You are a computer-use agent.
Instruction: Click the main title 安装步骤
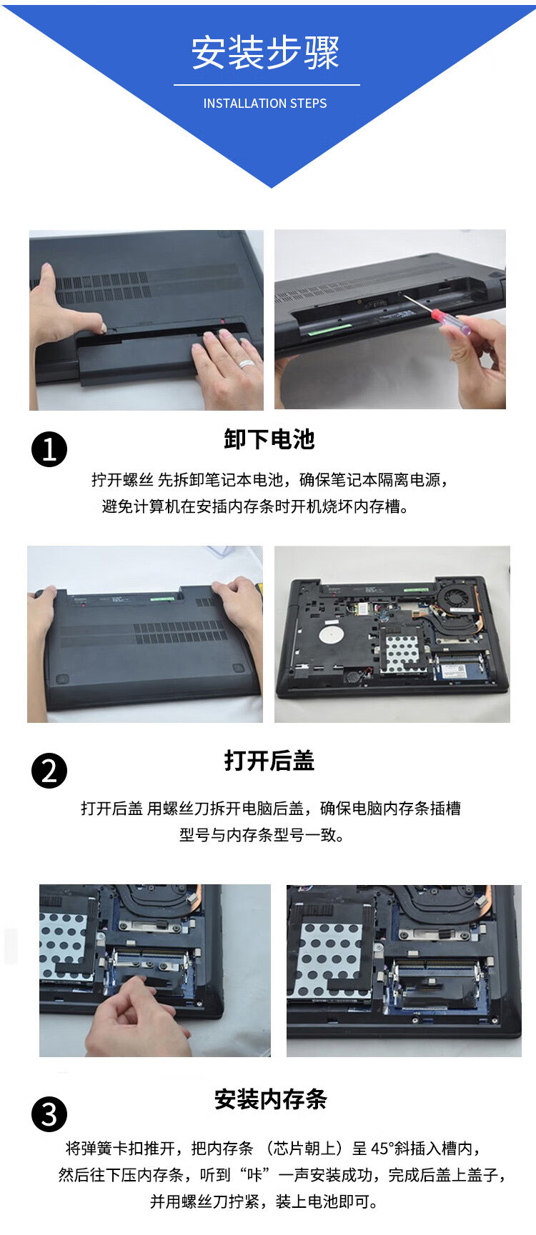click(265, 53)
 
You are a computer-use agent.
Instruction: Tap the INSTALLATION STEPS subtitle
click(265, 104)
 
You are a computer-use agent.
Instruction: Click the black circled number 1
click(49, 449)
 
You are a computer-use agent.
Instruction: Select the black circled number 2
click(49, 771)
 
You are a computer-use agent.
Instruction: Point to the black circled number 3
click(49, 1114)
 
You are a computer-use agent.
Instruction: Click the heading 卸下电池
click(269, 439)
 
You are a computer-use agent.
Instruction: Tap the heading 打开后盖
click(269, 761)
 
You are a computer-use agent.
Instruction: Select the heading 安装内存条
click(271, 1099)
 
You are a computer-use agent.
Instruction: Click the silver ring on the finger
click(247, 363)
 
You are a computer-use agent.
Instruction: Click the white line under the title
click(267, 85)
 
